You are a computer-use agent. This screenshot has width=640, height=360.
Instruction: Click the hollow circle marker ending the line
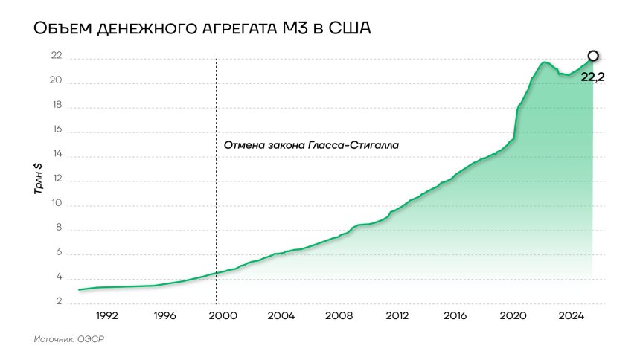pyautogui.click(x=592, y=56)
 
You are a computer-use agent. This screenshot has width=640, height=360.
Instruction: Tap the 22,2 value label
pyautogui.click(x=592, y=75)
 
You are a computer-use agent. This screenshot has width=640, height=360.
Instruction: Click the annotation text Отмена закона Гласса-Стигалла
pyautogui.click(x=311, y=145)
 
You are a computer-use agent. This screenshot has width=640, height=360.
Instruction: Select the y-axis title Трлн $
pyautogui.click(x=38, y=179)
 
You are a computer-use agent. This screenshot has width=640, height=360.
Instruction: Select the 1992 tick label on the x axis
pyautogui.click(x=106, y=315)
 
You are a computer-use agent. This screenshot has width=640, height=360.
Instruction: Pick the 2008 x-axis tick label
pyautogui.click(x=339, y=315)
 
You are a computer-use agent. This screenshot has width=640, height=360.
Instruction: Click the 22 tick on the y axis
pyautogui.click(x=56, y=57)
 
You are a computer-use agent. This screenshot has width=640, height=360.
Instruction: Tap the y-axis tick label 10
pyautogui.click(x=56, y=205)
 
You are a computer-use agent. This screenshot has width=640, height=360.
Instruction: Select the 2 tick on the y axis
pyautogui.click(x=57, y=303)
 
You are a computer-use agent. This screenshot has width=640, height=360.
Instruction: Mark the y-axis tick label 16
pyautogui.click(x=56, y=131)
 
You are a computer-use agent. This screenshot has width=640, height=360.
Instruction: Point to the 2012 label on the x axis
pyautogui.click(x=397, y=315)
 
